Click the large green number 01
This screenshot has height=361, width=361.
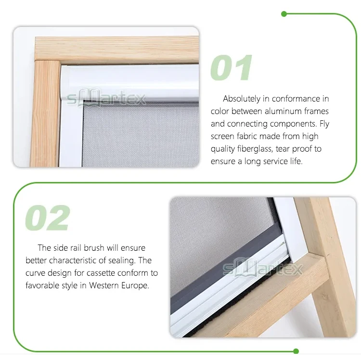[231, 67]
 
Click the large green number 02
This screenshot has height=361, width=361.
[47, 218]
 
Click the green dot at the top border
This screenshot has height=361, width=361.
[284, 13]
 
